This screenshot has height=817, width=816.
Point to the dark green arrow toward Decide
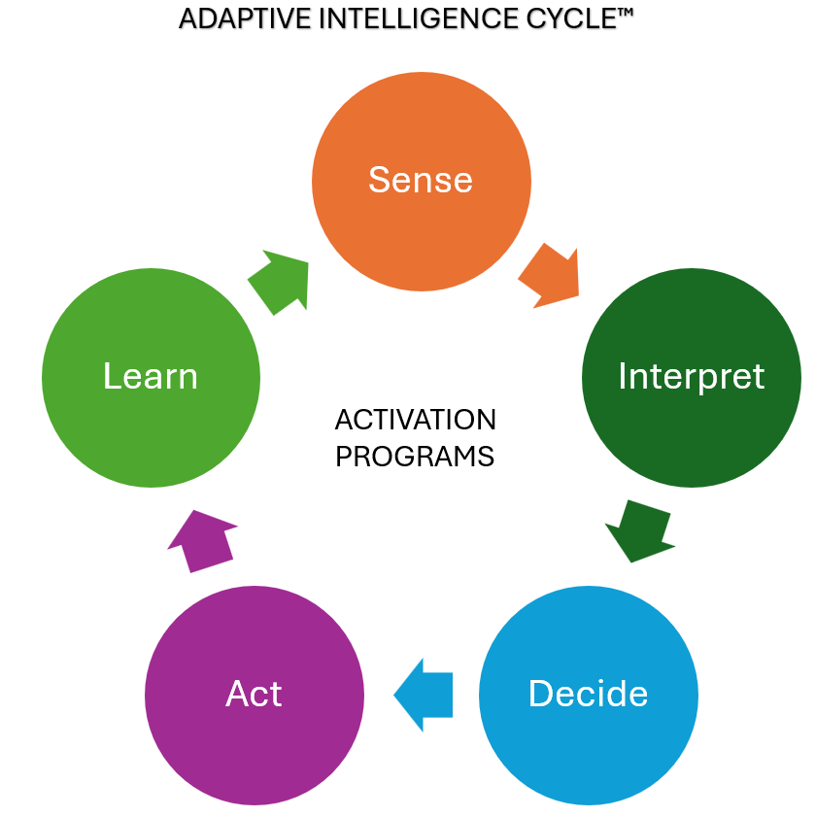639,530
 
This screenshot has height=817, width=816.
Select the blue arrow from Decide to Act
425,695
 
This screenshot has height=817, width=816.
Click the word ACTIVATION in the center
415,421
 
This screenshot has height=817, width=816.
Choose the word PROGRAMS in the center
415,456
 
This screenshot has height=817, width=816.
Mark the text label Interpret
691,377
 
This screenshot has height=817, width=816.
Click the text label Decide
589,694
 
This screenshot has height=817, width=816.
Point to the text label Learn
151,377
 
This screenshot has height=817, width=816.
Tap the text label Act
255,694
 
